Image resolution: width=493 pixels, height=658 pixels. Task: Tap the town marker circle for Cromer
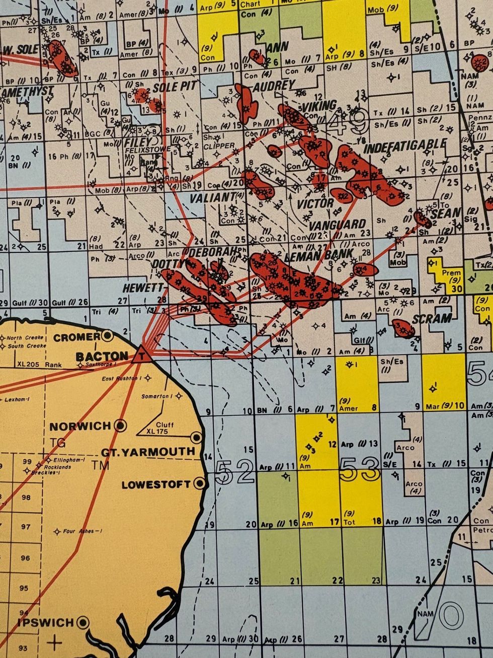107,336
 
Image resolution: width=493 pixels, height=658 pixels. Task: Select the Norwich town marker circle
121,426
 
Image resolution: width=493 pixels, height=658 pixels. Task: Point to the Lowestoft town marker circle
200,484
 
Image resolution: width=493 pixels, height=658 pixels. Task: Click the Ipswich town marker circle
83,623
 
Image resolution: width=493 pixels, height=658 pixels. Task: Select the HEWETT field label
143,288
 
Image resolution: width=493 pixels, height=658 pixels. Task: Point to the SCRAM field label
432,319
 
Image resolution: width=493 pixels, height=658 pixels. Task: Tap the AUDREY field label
274,86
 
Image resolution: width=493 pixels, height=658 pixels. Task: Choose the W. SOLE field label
20,50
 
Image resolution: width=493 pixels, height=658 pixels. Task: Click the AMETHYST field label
27,92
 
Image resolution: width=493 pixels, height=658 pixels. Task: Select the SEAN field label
446,212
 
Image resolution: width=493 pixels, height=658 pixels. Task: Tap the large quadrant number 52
234,472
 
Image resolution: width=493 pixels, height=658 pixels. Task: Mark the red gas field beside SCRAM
404,328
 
